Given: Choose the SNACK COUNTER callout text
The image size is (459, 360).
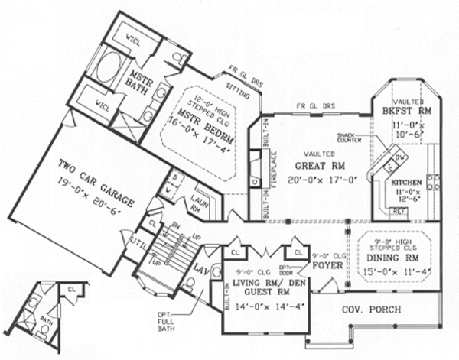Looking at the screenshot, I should pyautogui.click(x=352, y=139).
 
